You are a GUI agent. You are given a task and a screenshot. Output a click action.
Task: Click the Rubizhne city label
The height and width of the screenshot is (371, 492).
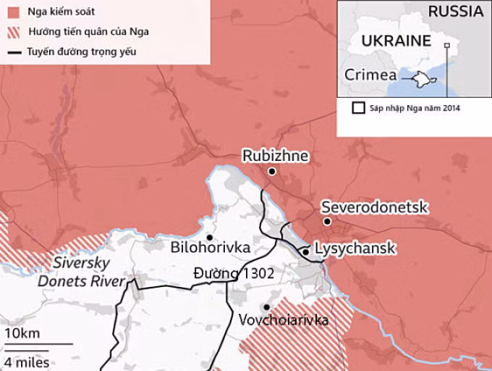tap(275, 156)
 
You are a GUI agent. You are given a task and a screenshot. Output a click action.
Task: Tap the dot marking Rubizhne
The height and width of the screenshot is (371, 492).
tap(271, 172)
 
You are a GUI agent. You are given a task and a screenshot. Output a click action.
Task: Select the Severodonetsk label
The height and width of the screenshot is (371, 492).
tap(375, 207)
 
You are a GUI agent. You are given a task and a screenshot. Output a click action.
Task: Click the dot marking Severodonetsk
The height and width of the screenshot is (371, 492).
tap(327, 222)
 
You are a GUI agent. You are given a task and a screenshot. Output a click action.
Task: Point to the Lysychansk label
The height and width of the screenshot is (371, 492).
tap(356, 249)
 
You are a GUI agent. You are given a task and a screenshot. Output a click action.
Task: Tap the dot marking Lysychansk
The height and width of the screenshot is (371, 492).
tap(306, 251)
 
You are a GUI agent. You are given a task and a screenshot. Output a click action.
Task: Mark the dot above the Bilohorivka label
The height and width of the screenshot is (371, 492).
tap(209, 237)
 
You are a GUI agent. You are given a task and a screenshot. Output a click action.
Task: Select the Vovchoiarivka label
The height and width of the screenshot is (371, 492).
tap(283, 320)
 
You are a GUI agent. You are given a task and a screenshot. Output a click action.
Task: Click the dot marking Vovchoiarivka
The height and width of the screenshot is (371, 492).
tap(267, 307)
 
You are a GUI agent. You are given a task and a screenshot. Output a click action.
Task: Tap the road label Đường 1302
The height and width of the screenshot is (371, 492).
tap(234, 273)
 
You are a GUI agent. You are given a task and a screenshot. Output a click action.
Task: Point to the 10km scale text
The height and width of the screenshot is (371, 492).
tap(22, 333)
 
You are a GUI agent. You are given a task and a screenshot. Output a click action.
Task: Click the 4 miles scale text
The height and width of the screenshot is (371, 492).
tap(27, 362)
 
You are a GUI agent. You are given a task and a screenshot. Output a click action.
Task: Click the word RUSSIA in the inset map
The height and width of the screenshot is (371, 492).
tap(455, 12)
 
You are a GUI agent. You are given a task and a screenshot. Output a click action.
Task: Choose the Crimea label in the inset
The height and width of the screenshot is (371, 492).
tap(370, 75)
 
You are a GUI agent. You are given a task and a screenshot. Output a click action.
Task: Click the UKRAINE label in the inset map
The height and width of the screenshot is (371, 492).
tap(395, 41)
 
